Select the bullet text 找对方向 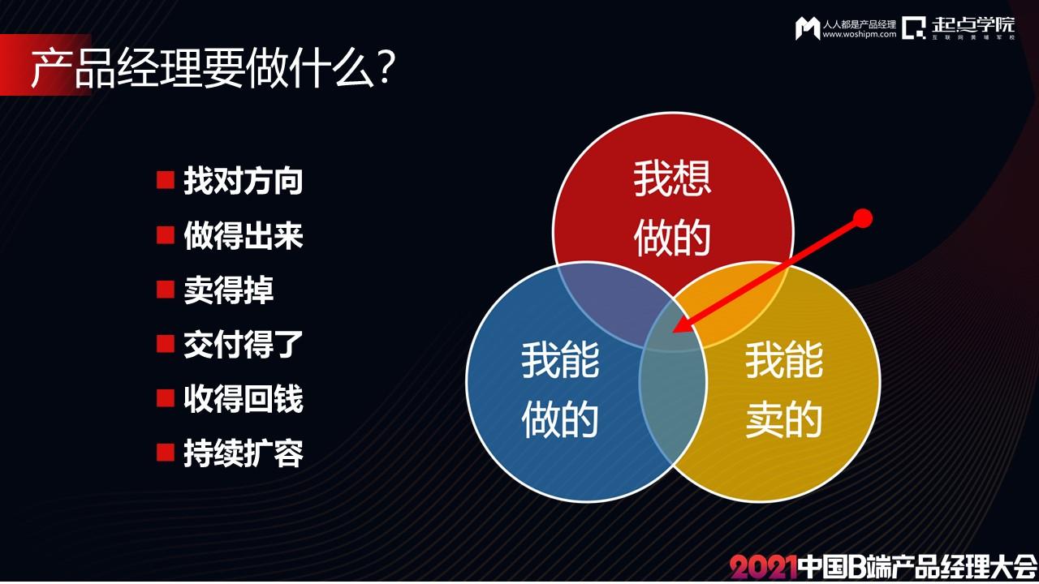click(244, 180)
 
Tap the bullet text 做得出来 click(244, 235)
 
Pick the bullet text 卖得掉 click(229, 290)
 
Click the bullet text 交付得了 click(244, 345)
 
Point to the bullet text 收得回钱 click(244, 398)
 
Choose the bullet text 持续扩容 click(244, 453)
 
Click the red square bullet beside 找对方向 click(166, 180)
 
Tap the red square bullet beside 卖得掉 click(166, 290)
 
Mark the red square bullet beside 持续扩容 click(166, 453)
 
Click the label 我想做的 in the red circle click(673, 208)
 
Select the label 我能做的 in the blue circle click(560, 390)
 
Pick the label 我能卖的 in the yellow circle click(784, 390)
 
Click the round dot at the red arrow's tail click(862, 218)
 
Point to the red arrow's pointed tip click(673, 332)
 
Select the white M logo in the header click(808, 28)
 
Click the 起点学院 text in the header click(973, 24)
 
